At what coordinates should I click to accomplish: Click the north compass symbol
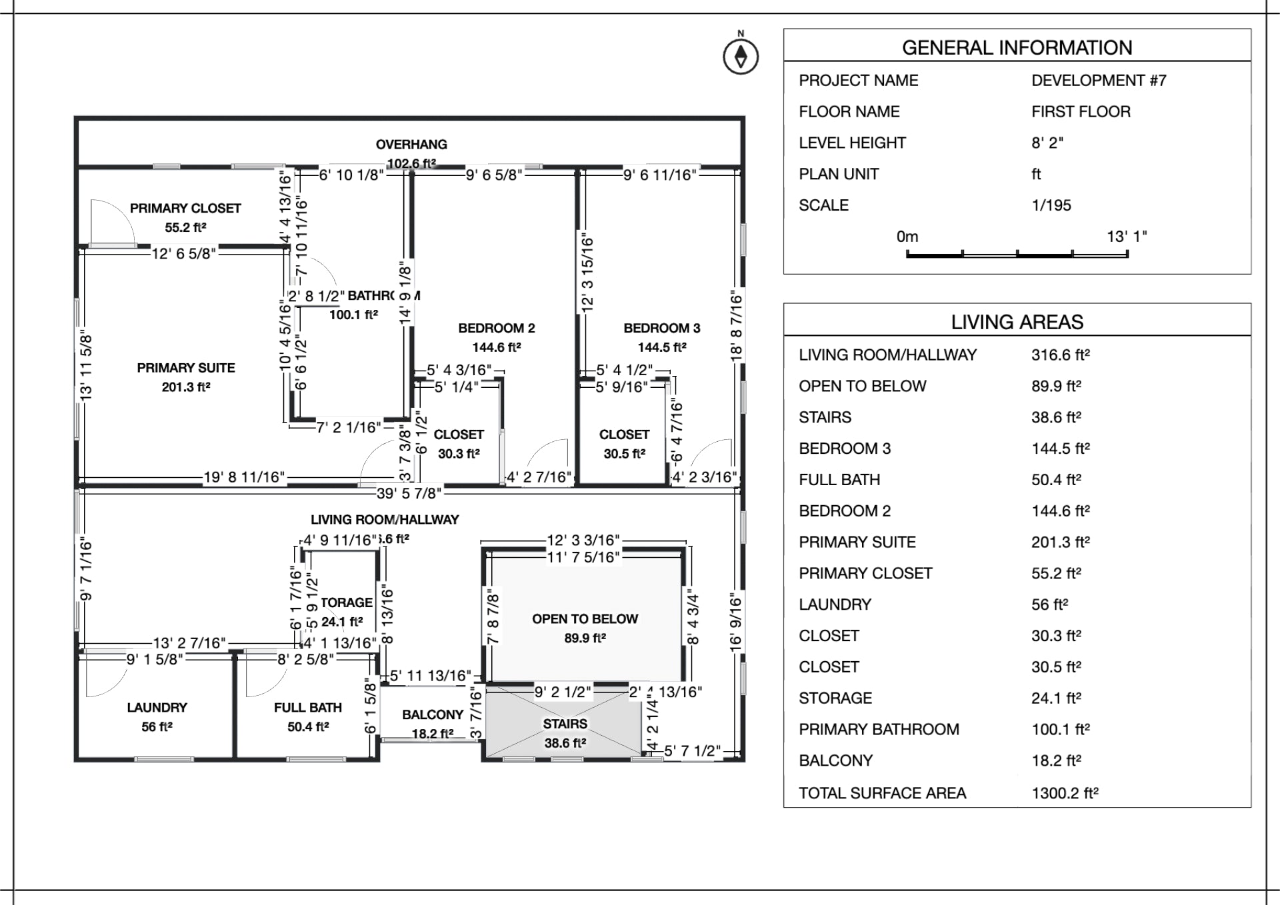741,57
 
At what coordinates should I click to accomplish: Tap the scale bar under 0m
1017,253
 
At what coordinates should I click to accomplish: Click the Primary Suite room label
186,368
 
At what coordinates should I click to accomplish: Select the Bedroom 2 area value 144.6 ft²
496,347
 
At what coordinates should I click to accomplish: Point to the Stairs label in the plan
565,724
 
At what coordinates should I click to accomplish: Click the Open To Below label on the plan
585,619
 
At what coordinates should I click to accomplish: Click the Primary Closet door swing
112,222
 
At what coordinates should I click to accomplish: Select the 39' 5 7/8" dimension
409,493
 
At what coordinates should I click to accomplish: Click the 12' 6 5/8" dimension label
184,254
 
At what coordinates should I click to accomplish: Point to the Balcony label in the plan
433,715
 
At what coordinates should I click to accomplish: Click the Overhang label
411,145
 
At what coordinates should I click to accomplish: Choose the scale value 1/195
1051,205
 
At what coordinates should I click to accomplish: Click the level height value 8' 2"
1047,143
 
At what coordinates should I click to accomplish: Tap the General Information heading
1017,48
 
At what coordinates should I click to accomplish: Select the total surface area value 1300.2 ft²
1065,793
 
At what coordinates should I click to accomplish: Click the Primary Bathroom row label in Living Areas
879,729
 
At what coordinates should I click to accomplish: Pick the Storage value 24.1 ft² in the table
1056,698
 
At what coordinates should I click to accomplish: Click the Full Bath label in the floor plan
307,708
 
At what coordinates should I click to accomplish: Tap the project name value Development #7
1099,81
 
